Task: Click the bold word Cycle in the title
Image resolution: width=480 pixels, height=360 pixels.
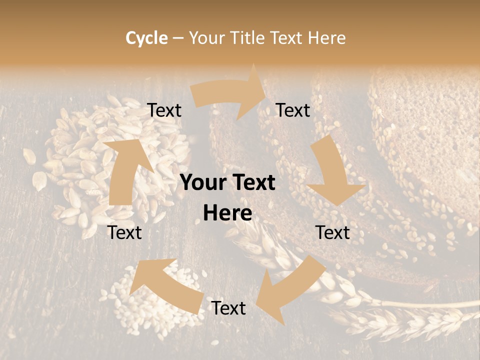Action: [146, 38]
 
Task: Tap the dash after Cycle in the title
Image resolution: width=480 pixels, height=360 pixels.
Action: [178, 38]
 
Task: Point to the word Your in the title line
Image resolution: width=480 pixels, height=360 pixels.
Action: [207, 38]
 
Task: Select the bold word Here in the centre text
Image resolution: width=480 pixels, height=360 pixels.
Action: [227, 213]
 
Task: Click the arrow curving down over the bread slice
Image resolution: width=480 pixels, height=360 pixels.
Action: [333, 172]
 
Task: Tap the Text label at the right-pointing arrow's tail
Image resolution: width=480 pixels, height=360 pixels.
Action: [164, 110]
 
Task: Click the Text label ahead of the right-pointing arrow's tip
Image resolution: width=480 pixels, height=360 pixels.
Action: [293, 110]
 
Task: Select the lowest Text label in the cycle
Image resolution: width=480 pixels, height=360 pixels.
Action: [228, 308]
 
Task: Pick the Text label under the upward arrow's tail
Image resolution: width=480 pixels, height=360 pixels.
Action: [125, 232]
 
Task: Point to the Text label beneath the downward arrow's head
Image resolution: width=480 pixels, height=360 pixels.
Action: [332, 232]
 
